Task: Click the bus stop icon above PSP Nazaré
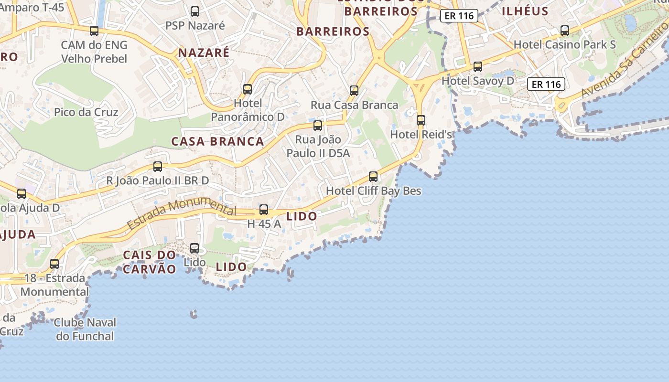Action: (x=195, y=11)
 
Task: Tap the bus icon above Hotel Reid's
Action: (x=421, y=120)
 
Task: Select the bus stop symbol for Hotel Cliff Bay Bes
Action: (x=373, y=177)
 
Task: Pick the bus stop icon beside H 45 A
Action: (x=264, y=210)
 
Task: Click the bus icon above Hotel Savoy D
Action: (x=478, y=67)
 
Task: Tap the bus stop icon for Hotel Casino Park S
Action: (x=565, y=31)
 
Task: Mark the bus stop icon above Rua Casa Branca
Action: (x=354, y=91)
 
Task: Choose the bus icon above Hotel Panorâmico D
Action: (x=248, y=89)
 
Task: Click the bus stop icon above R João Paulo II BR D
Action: (x=158, y=167)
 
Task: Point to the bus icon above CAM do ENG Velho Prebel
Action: (x=94, y=31)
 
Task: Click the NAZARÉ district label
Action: (x=204, y=53)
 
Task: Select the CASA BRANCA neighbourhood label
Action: (x=217, y=141)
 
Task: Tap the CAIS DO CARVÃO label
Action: (x=150, y=262)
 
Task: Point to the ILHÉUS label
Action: (x=525, y=11)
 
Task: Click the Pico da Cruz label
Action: (x=86, y=112)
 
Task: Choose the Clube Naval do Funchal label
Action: (x=85, y=329)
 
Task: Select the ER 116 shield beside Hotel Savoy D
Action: (x=546, y=85)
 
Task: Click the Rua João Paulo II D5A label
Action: (x=318, y=146)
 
